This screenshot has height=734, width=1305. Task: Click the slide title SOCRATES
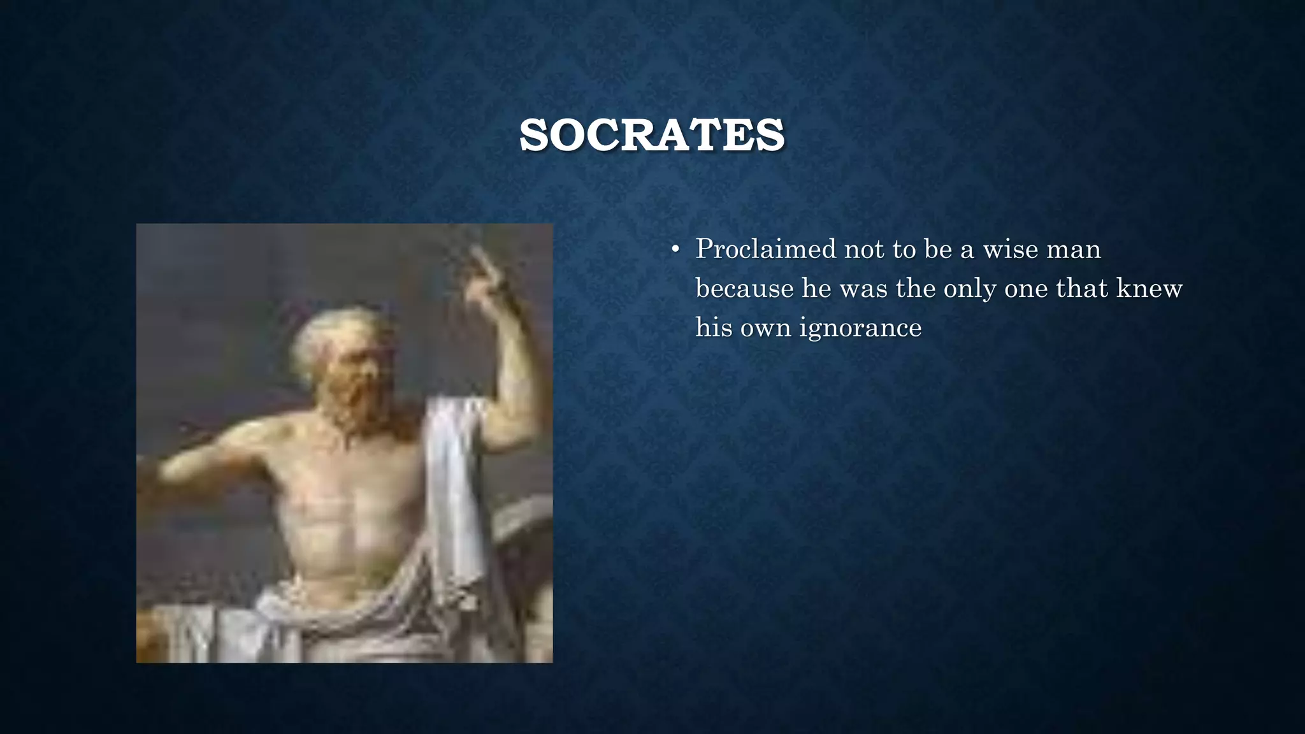[652, 135]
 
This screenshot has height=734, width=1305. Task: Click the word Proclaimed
[765, 249]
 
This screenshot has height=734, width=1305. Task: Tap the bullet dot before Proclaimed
[675, 250]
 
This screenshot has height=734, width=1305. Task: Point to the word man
[1077, 249]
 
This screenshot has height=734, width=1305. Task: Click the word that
[1081, 289]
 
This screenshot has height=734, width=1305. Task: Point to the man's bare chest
[344, 503]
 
